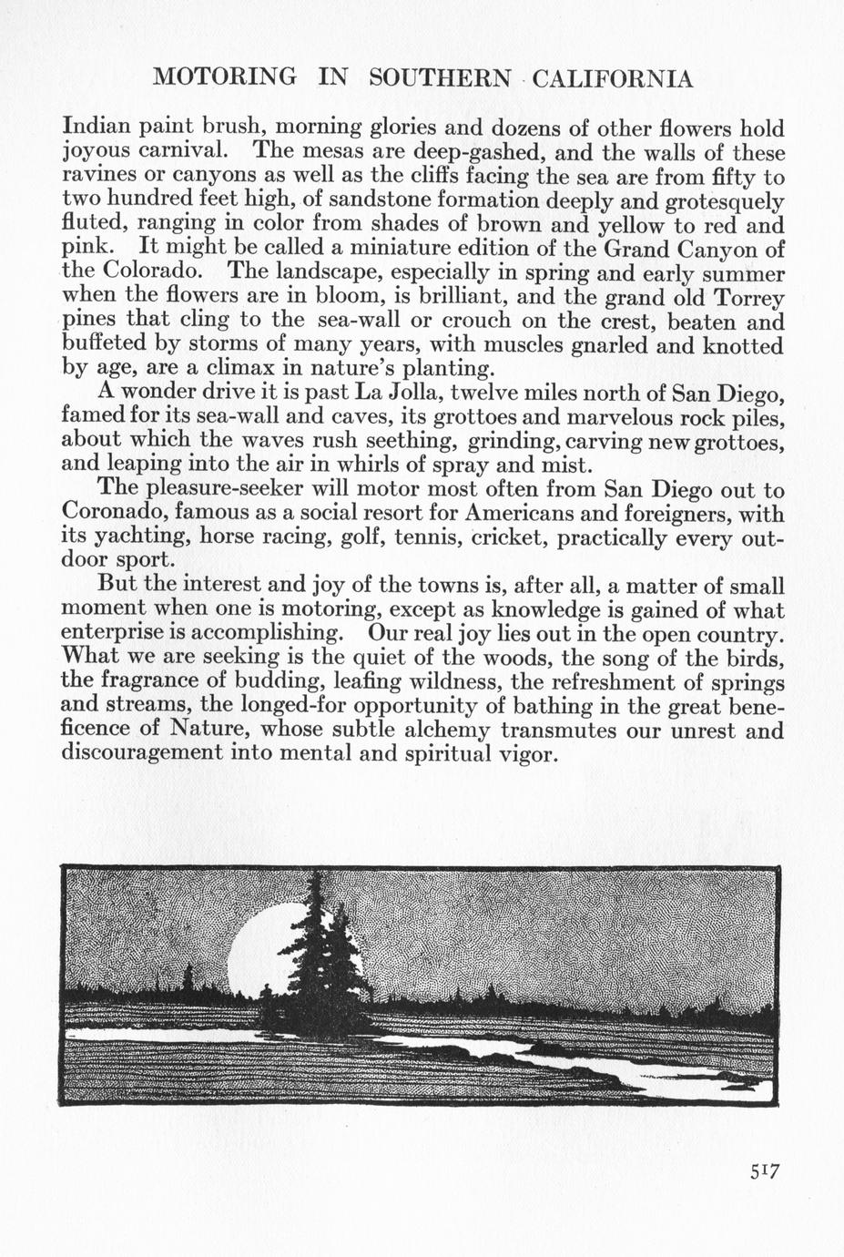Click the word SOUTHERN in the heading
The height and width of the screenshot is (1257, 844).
tap(441, 79)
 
